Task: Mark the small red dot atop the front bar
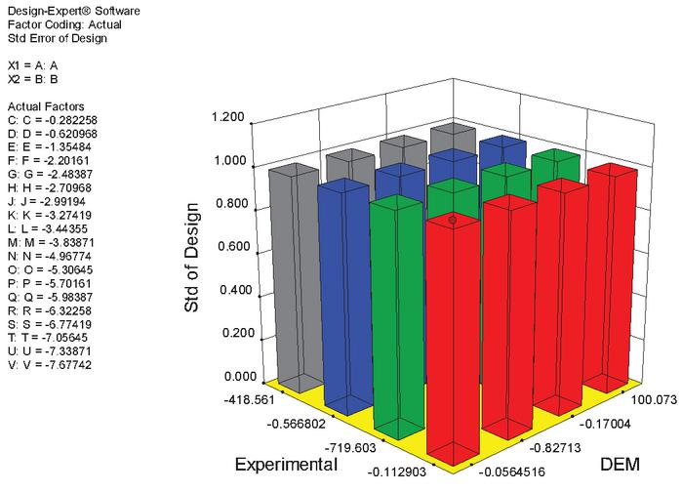point(452,222)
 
